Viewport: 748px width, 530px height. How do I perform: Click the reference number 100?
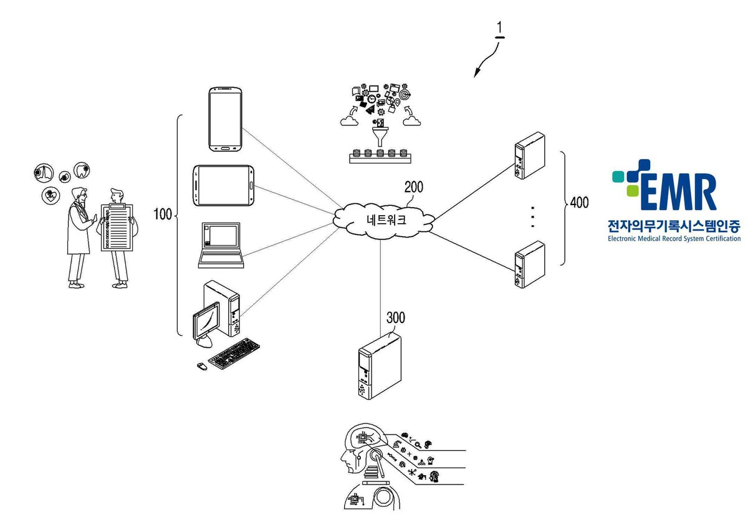162,214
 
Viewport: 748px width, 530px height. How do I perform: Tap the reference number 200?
413,187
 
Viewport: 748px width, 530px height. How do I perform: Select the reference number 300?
396,317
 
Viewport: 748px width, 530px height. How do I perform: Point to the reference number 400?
579,203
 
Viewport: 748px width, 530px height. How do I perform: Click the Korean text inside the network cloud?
386,219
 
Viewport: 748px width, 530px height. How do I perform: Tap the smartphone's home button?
225,147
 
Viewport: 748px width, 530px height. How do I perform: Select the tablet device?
223,185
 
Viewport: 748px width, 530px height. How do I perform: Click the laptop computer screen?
221,236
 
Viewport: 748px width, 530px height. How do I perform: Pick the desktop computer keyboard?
234,354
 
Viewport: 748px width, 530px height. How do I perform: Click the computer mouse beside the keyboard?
202,366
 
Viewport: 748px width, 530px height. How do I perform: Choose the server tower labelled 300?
380,365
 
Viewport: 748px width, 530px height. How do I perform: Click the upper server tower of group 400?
530,156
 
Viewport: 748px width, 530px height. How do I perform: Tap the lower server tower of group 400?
530,264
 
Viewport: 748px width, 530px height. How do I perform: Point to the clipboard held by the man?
117,228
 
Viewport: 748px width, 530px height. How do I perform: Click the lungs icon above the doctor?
44,173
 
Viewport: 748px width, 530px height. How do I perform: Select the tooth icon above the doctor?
82,170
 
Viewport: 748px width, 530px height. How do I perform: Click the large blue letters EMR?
678,191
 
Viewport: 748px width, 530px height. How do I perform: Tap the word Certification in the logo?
721,238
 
